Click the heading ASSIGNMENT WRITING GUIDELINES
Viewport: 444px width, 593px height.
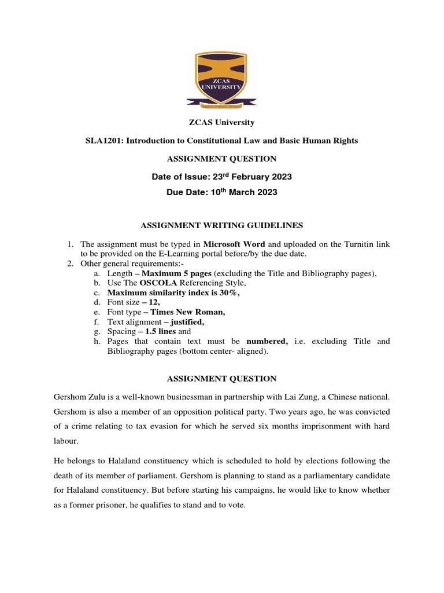[222, 225]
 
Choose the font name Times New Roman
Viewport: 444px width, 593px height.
[186, 312]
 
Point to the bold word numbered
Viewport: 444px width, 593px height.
[267, 341]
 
